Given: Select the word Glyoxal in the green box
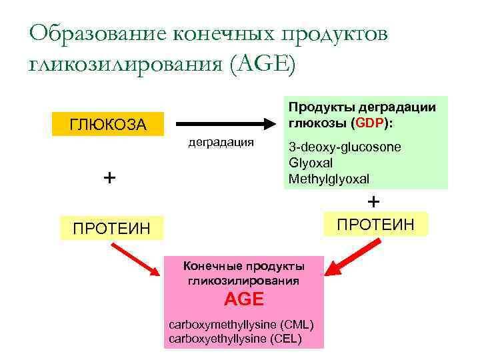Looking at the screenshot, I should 311,163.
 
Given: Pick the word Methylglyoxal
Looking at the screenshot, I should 328,179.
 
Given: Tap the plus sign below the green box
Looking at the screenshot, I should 374,201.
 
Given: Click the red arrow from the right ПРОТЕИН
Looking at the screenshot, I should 353,259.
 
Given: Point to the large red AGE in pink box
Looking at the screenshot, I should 244,299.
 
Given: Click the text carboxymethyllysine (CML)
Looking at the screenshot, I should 243,325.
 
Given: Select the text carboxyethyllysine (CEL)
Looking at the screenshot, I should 235,339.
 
